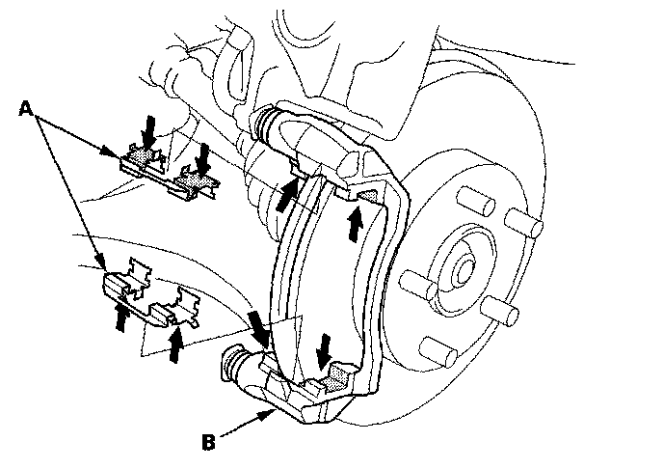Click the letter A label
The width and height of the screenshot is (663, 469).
(x=27, y=110)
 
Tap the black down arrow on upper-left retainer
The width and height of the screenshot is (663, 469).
(x=146, y=128)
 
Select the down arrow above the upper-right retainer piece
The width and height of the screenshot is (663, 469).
(x=203, y=153)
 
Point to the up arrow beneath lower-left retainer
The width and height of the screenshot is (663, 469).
(x=121, y=316)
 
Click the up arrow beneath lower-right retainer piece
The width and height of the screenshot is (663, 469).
(x=175, y=344)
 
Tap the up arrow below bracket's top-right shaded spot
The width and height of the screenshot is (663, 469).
(x=355, y=224)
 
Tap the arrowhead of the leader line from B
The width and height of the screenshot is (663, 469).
(x=274, y=412)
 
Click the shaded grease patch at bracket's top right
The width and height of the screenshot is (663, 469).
(x=366, y=197)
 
